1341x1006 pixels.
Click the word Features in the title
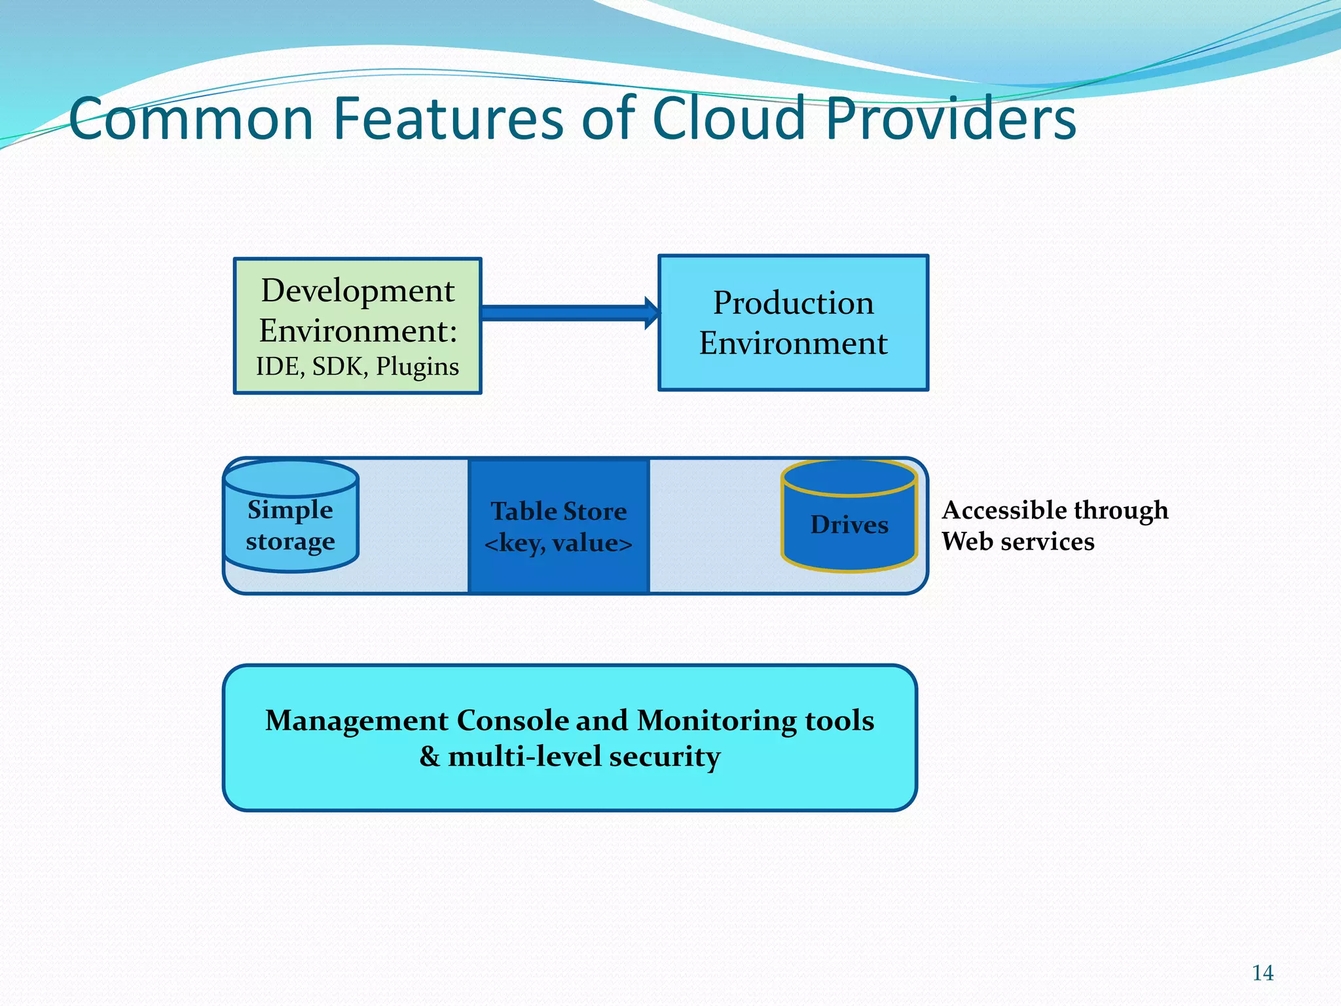pos(449,119)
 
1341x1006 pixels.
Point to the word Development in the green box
pos(358,290)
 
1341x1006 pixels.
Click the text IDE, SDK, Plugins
pos(358,366)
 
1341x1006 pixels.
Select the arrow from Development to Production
pos(568,313)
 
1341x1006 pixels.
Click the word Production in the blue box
pos(793,303)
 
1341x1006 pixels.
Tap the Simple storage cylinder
pos(291,524)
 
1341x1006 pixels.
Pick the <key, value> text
pos(559,543)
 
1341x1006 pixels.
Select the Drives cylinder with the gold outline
pos(849,524)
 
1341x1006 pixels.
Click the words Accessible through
pos(1055,510)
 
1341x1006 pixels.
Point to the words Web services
pos(1018,542)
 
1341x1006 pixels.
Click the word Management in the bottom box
pos(356,720)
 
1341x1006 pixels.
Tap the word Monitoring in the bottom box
pos(716,720)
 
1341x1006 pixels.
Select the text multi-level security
pos(584,756)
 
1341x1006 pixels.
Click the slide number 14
pos(1262,973)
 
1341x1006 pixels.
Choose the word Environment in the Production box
pos(793,343)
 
